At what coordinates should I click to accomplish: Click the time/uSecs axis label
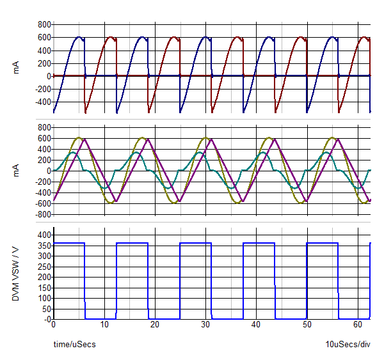pos(74,345)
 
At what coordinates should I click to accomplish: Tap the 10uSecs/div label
pos(348,345)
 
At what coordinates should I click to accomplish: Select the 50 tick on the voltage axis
pos(45,309)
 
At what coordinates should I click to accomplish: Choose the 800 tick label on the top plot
pos(44,24)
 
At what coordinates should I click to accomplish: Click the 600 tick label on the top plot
pos(44,37)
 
